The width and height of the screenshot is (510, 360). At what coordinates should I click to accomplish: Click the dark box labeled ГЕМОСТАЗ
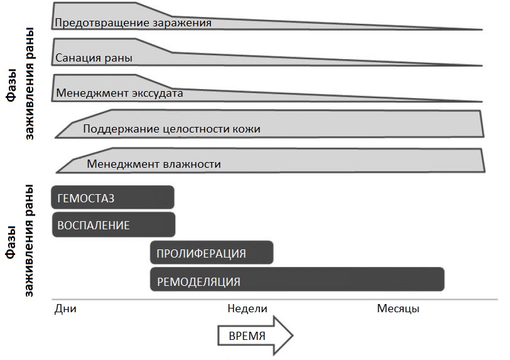(x=112, y=197)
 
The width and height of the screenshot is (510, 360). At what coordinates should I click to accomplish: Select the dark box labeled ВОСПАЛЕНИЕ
(x=114, y=224)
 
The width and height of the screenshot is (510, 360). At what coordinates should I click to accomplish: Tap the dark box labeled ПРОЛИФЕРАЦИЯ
(x=212, y=253)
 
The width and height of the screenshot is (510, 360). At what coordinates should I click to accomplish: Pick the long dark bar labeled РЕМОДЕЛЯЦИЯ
(x=297, y=280)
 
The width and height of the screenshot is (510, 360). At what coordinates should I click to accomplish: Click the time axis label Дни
(x=65, y=308)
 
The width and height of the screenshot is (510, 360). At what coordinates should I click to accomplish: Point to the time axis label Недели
(x=247, y=308)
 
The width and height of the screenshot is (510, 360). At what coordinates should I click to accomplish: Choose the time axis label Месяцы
(x=398, y=308)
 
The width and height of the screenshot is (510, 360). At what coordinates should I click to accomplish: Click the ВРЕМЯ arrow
(x=256, y=335)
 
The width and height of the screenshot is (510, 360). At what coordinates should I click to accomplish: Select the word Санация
(x=75, y=58)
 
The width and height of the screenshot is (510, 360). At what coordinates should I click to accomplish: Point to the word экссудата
(x=157, y=94)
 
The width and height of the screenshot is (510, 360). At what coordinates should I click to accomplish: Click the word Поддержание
(x=121, y=129)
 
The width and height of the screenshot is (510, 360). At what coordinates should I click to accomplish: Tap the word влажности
(x=192, y=164)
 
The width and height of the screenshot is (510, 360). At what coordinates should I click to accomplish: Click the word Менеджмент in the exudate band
(x=92, y=93)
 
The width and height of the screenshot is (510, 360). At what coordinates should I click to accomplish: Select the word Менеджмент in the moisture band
(x=123, y=164)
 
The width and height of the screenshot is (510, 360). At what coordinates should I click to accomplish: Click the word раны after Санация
(x=115, y=58)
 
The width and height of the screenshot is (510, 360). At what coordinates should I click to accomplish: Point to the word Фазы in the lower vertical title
(x=12, y=241)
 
